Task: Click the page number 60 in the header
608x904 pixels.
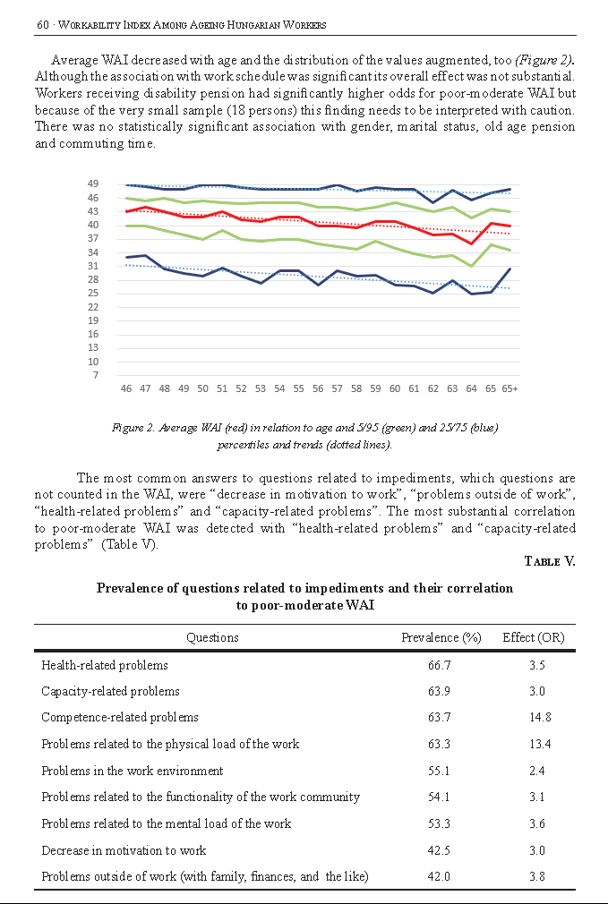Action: pyautogui.click(x=43, y=25)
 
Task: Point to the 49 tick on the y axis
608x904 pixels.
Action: pyautogui.click(x=93, y=183)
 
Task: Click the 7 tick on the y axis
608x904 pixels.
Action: pyautogui.click(x=96, y=375)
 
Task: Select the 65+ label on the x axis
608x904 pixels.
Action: pyautogui.click(x=510, y=388)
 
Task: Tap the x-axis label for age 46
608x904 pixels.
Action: pyautogui.click(x=125, y=388)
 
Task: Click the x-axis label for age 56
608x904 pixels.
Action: pyautogui.click(x=318, y=388)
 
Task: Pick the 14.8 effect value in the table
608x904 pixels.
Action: pyautogui.click(x=540, y=717)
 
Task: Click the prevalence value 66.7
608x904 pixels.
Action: pyautogui.click(x=440, y=665)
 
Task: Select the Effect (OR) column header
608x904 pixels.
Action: pyautogui.click(x=534, y=637)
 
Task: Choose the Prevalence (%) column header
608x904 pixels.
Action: pyautogui.click(x=441, y=637)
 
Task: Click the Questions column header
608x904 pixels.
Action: pyautogui.click(x=212, y=637)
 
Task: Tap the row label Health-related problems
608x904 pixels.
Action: pyautogui.click(x=105, y=665)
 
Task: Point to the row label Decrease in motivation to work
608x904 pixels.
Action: pyautogui.click(x=124, y=851)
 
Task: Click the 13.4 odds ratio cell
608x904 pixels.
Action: pyautogui.click(x=540, y=745)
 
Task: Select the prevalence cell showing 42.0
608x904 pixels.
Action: pyautogui.click(x=440, y=877)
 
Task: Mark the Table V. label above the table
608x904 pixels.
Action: pyautogui.click(x=550, y=561)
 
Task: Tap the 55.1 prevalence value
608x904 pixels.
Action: pyautogui.click(x=440, y=771)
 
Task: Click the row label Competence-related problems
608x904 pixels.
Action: pyautogui.click(x=120, y=718)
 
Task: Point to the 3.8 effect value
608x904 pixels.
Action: pyautogui.click(x=537, y=877)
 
